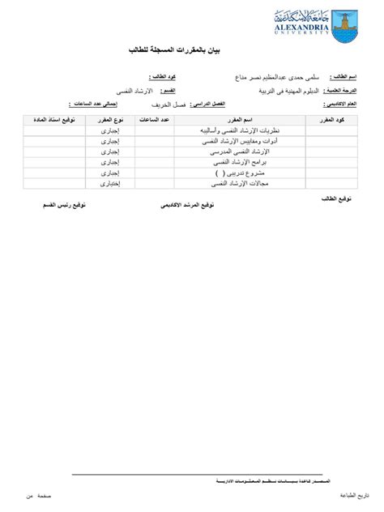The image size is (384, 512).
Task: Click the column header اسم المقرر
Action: pos(237,120)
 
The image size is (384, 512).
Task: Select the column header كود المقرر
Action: pos(335,120)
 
